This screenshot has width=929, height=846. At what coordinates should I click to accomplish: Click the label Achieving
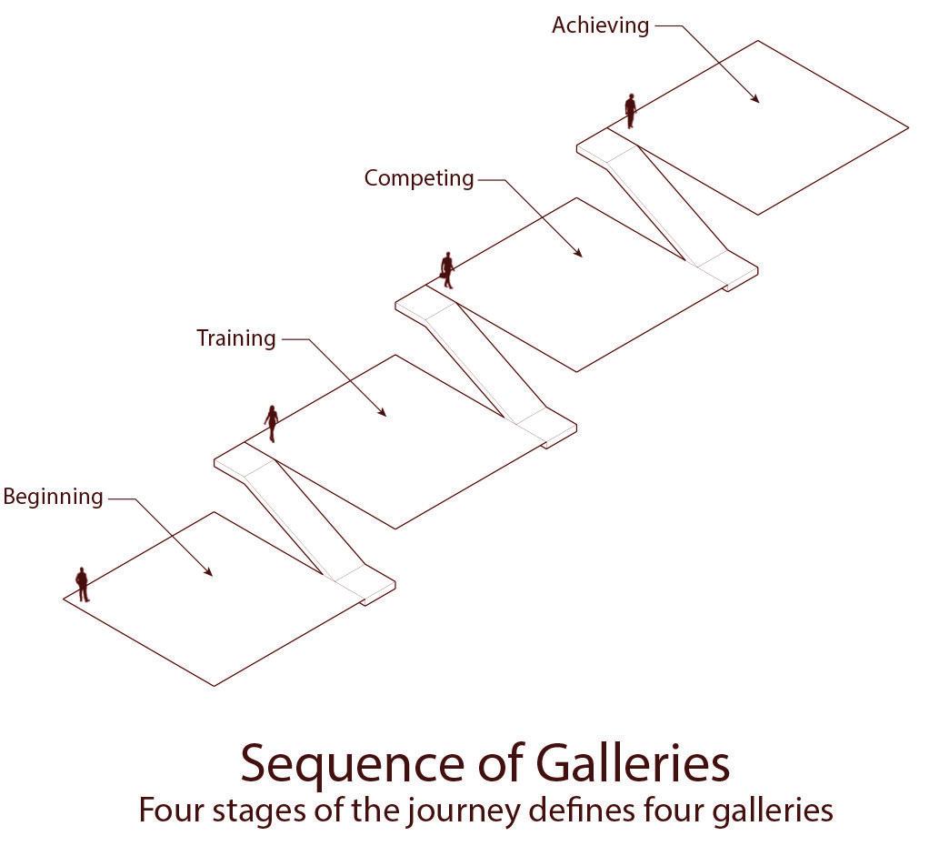coord(600,25)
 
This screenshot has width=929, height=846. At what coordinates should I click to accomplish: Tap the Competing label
coord(419,178)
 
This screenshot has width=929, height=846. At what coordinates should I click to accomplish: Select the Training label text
coord(236,338)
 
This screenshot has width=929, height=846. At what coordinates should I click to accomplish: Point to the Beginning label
coord(53,497)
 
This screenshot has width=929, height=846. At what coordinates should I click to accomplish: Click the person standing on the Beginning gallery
coord(82,584)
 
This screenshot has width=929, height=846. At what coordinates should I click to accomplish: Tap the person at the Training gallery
coord(271,424)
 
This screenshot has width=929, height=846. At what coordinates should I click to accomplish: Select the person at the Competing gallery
coord(446,270)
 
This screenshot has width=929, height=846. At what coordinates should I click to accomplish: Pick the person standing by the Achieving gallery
coord(630,111)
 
